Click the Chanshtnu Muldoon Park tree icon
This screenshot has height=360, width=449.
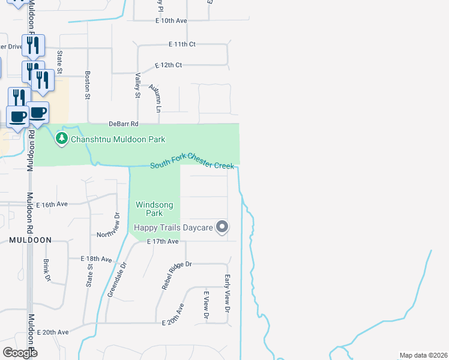pos(61,139)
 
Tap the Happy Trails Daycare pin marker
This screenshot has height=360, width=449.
pos(223,227)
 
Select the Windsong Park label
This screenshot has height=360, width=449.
pos(154,209)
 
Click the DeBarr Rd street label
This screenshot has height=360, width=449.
pos(124,124)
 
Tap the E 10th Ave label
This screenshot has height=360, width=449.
pos(170,20)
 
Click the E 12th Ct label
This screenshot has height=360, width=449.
pos(168,65)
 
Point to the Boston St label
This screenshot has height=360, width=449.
pos(88,86)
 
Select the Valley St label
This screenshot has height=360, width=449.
pos(137,85)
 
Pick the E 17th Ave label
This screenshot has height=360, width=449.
pos(164,241)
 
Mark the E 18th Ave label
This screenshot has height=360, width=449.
pos(97,259)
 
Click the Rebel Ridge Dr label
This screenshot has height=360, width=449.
pos(176,275)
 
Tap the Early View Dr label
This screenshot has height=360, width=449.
pos(228,294)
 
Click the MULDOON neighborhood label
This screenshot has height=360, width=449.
pos(30,240)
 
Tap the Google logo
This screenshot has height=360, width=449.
pos(20,353)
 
